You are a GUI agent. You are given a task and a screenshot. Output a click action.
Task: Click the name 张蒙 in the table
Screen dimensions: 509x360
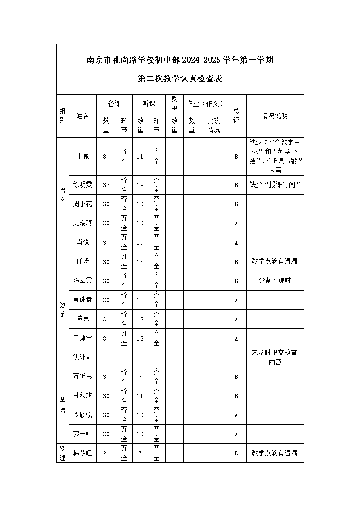point(83,157)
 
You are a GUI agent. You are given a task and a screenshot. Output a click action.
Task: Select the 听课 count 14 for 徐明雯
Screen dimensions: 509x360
point(140,185)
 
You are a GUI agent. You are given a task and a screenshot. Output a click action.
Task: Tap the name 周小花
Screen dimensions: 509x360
point(83,204)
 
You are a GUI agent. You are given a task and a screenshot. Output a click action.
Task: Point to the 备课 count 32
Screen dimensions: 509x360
point(106,185)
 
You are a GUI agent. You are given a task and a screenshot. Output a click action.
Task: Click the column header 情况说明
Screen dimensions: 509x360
point(275,116)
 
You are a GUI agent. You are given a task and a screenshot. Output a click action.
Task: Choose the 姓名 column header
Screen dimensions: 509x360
point(83,116)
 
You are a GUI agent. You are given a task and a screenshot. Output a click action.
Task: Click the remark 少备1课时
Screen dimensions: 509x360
point(275,281)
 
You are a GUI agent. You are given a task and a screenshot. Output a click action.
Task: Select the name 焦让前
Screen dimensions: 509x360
point(83,357)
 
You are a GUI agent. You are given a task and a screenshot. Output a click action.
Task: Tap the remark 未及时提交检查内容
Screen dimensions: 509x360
point(275,357)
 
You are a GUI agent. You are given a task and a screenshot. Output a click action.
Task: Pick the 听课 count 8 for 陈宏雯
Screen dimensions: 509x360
point(140,281)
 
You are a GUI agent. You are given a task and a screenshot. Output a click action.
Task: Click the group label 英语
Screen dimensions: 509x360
point(63,405)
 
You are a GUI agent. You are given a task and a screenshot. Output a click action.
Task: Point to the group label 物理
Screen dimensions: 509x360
point(63,453)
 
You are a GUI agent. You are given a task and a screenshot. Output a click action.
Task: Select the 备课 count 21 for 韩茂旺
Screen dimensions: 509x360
point(106,453)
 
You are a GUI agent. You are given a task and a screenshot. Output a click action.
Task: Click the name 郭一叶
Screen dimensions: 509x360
point(83,434)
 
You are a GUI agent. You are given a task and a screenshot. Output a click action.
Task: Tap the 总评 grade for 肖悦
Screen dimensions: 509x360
point(236,243)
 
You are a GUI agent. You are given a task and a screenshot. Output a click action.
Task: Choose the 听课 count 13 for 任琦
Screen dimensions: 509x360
point(140,262)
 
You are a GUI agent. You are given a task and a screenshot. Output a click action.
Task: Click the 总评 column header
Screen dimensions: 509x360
point(236,116)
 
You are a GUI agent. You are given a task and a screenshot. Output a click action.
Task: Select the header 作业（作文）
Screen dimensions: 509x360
point(205,104)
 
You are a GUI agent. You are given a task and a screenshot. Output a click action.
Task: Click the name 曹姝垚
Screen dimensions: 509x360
point(83,300)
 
